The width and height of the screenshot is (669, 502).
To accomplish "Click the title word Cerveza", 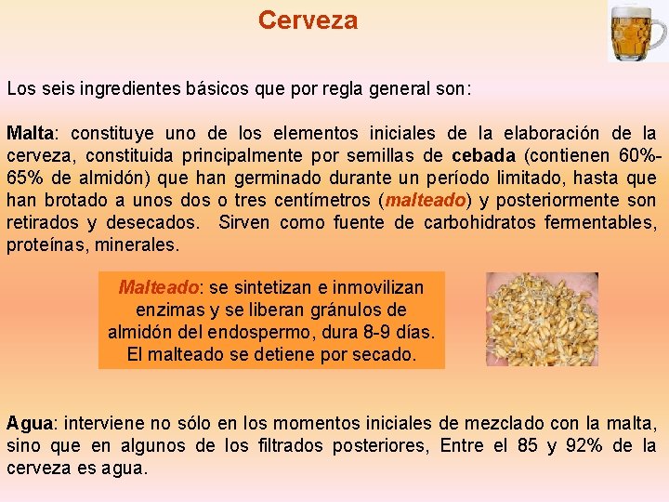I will pos(308,20).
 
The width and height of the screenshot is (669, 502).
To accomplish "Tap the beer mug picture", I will pos(636,32).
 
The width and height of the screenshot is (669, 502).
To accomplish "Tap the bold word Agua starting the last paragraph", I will pos(28,423).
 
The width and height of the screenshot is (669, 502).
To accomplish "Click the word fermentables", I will pos(599,222).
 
